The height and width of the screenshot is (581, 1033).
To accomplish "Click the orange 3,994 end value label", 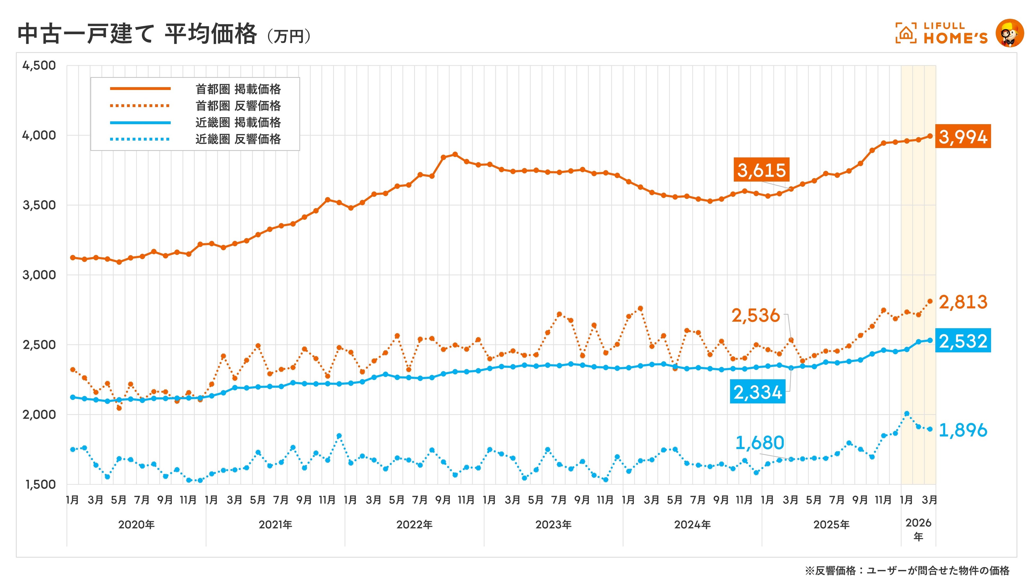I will pyautogui.click(x=963, y=137).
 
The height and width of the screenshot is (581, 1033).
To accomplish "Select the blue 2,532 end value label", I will pyautogui.click(x=963, y=341).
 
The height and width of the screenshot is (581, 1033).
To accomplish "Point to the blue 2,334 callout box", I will pyautogui.click(x=757, y=392).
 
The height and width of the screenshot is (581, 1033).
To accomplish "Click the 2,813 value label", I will pyautogui.click(x=963, y=302).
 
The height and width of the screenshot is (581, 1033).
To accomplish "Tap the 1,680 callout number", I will pyautogui.click(x=759, y=443).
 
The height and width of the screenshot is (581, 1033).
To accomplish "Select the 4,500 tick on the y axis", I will pyautogui.click(x=39, y=65).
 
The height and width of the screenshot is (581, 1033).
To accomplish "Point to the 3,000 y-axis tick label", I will pyautogui.click(x=39, y=275).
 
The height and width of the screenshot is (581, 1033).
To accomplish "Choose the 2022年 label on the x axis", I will pyautogui.click(x=414, y=525).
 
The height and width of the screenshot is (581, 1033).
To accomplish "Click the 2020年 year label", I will pyautogui.click(x=136, y=525).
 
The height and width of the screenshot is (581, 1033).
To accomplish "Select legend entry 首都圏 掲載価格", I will pyautogui.click(x=238, y=89).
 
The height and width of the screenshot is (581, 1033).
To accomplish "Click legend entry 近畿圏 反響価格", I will pyautogui.click(x=238, y=139).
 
